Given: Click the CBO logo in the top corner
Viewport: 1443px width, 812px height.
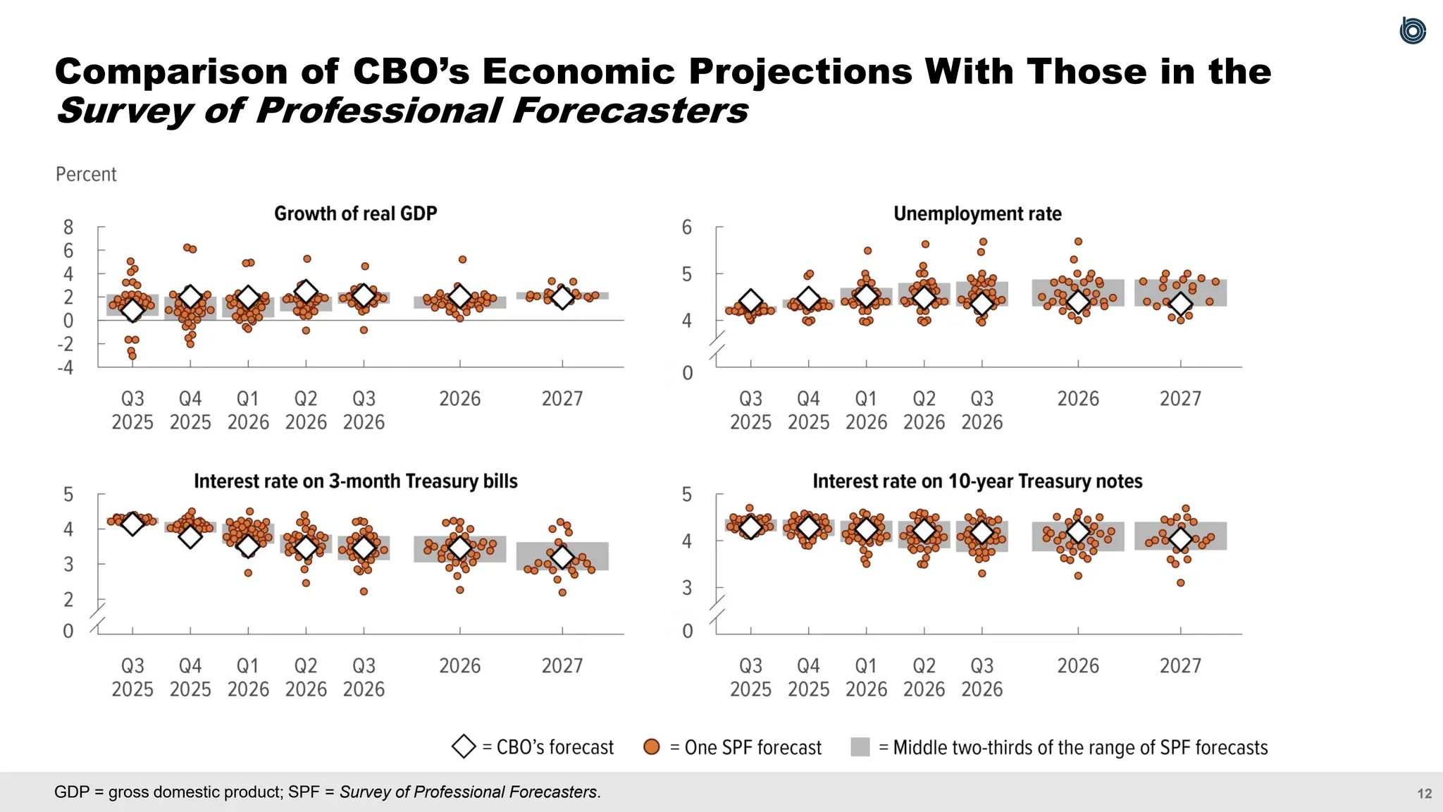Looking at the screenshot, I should pyautogui.click(x=1412, y=31).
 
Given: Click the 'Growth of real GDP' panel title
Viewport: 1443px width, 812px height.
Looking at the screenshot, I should pyautogui.click(x=355, y=214).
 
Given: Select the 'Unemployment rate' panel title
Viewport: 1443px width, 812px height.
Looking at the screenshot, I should pyautogui.click(x=977, y=214).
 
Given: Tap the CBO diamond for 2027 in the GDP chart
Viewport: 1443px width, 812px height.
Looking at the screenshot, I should pyautogui.click(x=562, y=297).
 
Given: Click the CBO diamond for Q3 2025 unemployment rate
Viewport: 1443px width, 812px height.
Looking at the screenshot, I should pyautogui.click(x=751, y=302).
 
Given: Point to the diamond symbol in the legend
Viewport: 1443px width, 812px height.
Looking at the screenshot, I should pyautogui.click(x=464, y=747).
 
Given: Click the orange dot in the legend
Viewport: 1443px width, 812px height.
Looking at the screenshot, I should pyautogui.click(x=652, y=747).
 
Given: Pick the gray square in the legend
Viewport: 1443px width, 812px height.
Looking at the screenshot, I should pyautogui.click(x=860, y=747).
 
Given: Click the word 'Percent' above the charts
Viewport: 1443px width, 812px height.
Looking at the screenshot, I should pyautogui.click(x=86, y=174).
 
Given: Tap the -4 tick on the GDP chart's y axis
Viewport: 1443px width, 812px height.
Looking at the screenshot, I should pyautogui.click(x=66, y=367).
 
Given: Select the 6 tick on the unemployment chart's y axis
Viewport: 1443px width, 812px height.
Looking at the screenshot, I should pyautogui.click(x=687, y=227).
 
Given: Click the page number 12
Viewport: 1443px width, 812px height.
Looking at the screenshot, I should pyautogui.click(x=1424, y=794).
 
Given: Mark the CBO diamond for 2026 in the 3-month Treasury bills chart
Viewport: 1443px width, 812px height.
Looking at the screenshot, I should pyautogui.click(x=460, y=548).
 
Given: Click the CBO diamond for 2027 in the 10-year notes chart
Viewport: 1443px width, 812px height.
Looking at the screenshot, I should pyautogui.click(x=1181, y=539).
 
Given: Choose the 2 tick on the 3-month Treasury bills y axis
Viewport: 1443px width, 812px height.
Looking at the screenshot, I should pyautogui.click(x=68, y=599).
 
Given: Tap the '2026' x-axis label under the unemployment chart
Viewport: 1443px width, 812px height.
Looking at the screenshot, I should pyautogui.click(x=1078, y=399).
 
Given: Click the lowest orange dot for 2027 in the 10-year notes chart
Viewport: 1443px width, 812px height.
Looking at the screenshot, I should pyautogui.click(x=1181, y=583).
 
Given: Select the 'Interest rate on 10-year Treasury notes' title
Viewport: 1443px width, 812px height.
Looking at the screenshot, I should pyautogui.click(x=977, y=481).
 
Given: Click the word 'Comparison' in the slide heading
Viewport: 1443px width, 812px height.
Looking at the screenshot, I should pyautogui.click(x=172, y=71).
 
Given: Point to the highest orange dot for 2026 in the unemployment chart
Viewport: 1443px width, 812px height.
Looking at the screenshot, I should pyautogui.click(x=1078, y=242).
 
